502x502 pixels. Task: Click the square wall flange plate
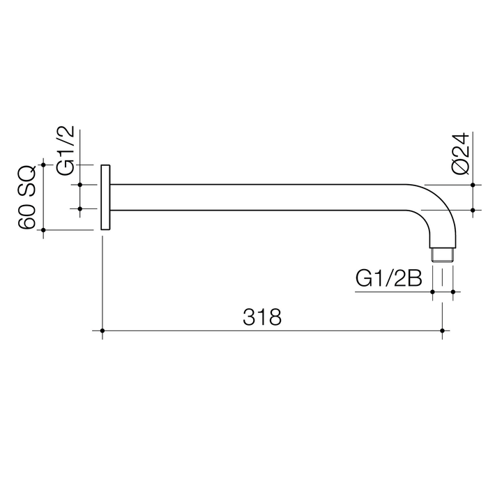click(x=105, y=197)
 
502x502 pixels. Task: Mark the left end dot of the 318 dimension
click(x=102, y=330)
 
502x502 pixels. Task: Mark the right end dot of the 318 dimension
click(x=442, y=330)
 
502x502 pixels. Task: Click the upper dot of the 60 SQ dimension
click(x=44, y=165)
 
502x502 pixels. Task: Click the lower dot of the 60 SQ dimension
click(x=44, y=229)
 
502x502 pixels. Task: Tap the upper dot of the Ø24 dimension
click(x=473, y=185)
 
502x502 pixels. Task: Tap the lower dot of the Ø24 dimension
click(x=473, y=209)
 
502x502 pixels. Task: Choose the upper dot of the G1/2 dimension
click(x=81, y=185)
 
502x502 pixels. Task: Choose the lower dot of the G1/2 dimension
click(x=81, y=208)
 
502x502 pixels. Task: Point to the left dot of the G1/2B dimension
click(x=433, y=291)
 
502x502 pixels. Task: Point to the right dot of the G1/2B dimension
click(x=453, y=291)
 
